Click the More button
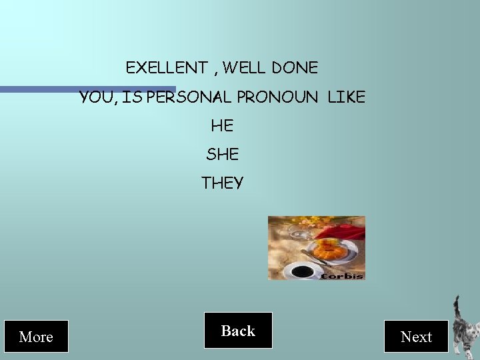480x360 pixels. click(x=36, y=337)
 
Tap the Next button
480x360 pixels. click(x=416, y=337)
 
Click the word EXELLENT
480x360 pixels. click(x=167, y=67)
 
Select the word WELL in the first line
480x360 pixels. click(x=245, y=67)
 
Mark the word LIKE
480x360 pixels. click(x=347, y=97)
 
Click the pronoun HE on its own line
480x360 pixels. click(x=222, y=125)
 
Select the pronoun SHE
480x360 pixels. click(x=222, y=154)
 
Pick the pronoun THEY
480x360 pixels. click(x=222, y=183)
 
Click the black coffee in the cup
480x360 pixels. click(x=302, y=271)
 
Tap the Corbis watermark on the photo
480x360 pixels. click(x=343, y=275)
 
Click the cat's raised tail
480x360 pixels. click(x=457, y=308)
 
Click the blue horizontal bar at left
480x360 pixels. click(x=87, y=89)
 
